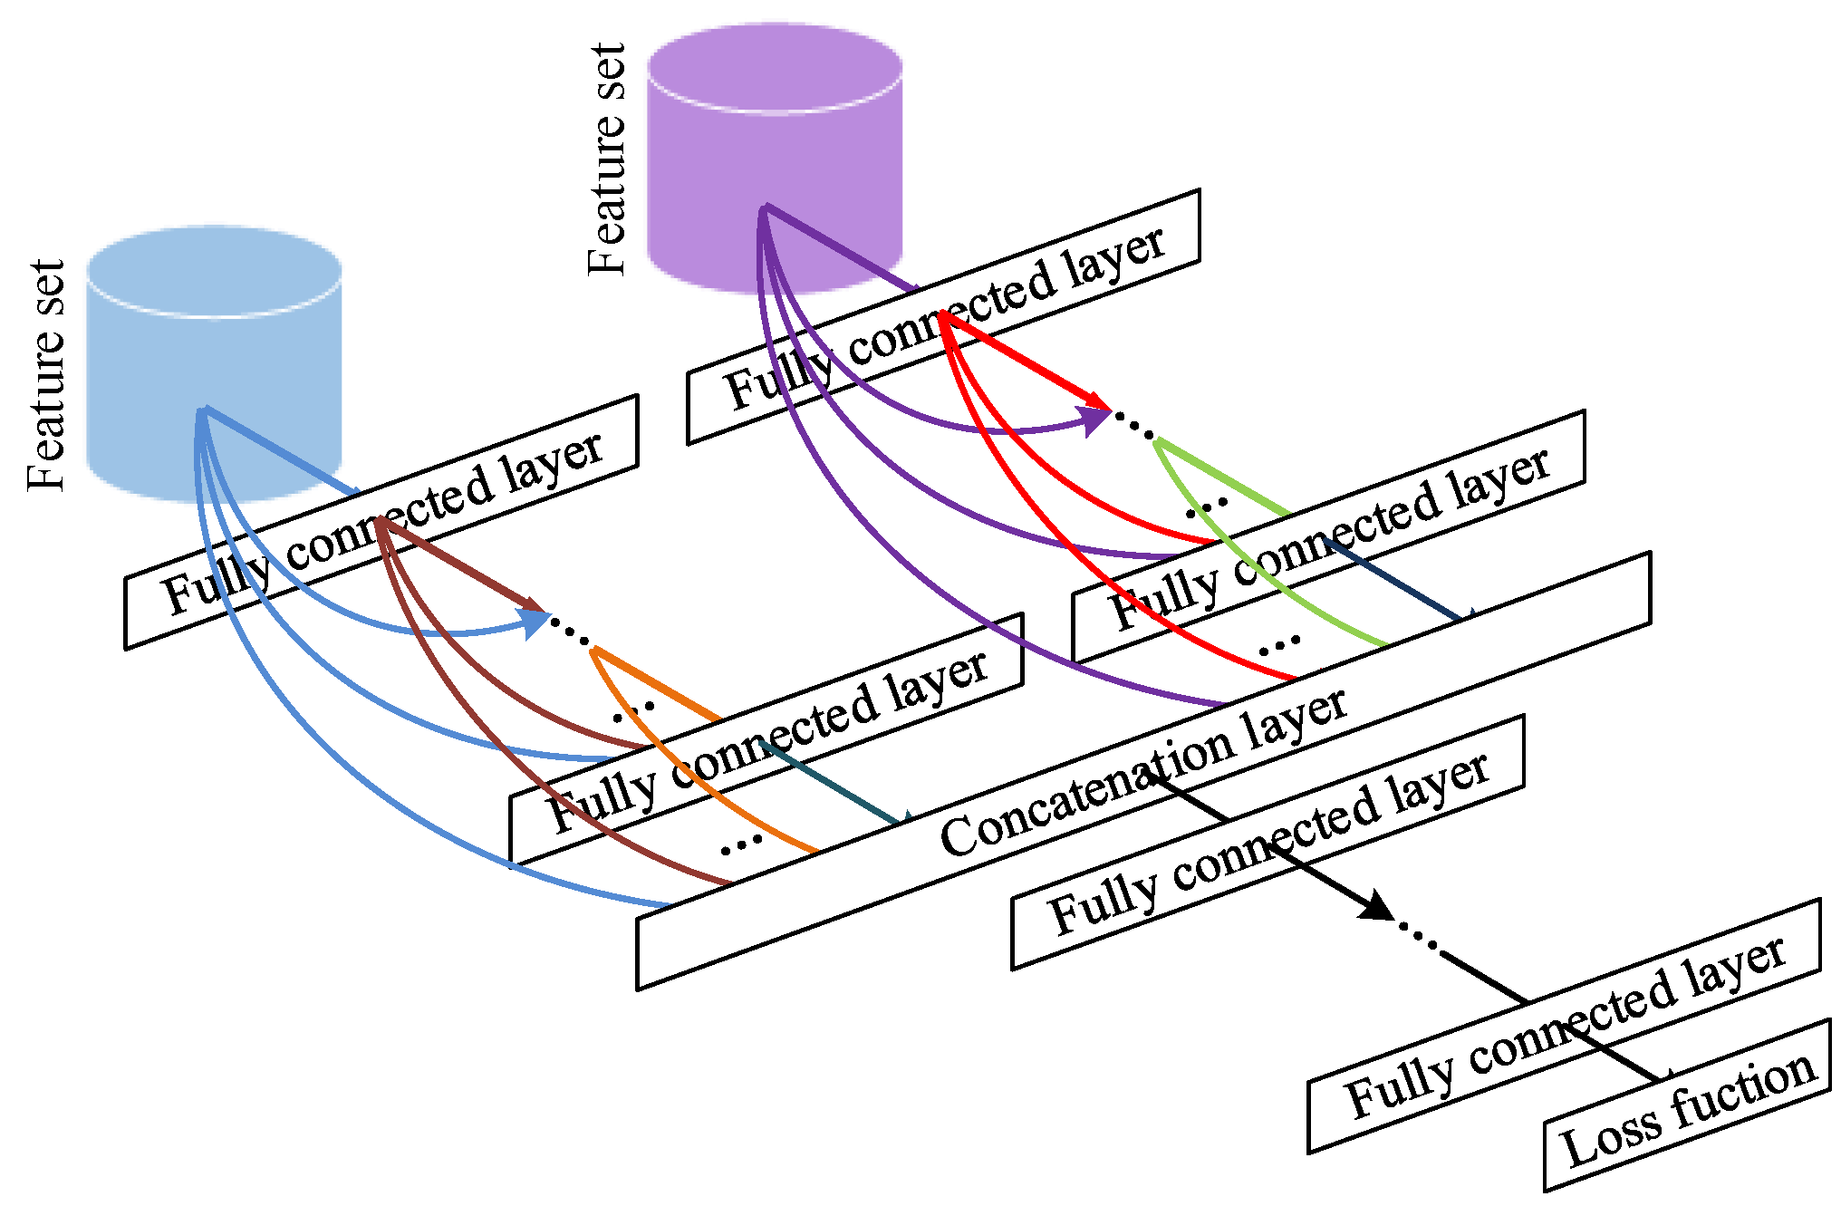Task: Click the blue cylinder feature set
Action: coord(214,362)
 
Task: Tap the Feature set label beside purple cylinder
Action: coord(606,159)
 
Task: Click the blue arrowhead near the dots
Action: coord(535,622)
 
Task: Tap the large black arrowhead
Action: coord(1377,905)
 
